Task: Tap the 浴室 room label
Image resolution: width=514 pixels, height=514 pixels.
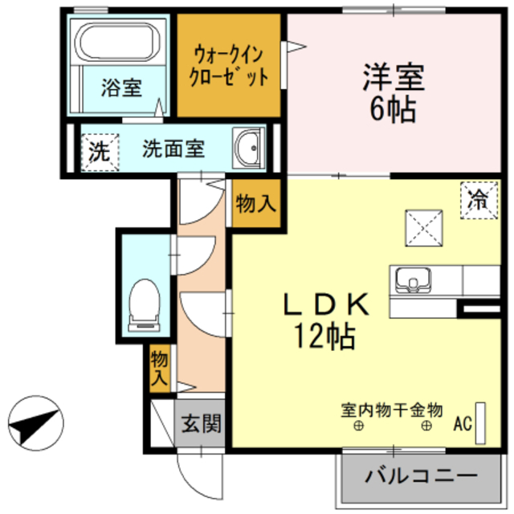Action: (120, 88)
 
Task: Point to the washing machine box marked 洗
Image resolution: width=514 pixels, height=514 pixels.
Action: (98, 150)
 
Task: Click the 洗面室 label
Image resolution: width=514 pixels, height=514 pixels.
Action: (173, 149)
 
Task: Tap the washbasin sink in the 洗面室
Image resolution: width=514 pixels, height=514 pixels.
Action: (248, 148)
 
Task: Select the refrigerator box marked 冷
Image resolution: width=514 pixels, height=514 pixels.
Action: (477, 198)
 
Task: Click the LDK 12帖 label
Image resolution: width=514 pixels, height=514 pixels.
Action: (327, 319)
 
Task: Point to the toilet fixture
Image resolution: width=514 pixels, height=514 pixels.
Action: (145, 302)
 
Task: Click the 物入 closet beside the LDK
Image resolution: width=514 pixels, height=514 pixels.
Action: (255, 205)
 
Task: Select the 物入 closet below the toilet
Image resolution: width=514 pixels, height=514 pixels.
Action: (159, 367)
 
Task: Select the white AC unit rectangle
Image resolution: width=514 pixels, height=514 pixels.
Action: (481, 422)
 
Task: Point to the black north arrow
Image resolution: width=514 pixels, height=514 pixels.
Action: (35, 422)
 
